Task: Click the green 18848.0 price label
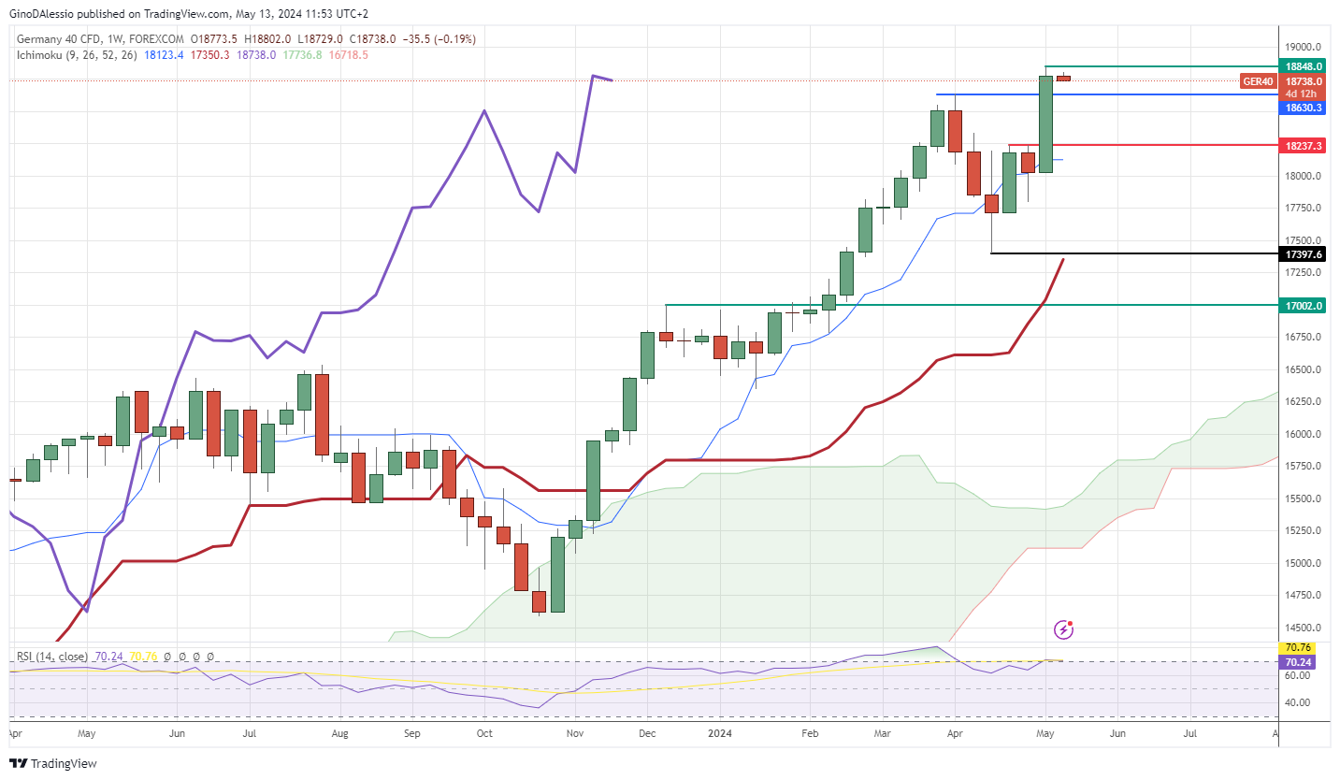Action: (x=1304, y=67)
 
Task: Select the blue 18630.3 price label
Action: (x=1304, y=108)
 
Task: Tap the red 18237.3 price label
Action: (x=1304, y=146)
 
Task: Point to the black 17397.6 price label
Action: (x=1304, y=254)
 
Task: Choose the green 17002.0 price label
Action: (x=1304, y=306)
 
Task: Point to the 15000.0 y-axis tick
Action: (x=1303, y=563)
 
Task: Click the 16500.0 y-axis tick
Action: (x=1303, y=370)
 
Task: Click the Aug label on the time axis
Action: (x=340, y=734)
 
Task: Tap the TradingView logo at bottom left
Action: (x=54, y=763)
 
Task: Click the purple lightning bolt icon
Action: (x=1063, y=629)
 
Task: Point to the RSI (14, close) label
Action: (x=52, y=657)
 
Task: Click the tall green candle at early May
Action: (x=1045, y=123)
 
